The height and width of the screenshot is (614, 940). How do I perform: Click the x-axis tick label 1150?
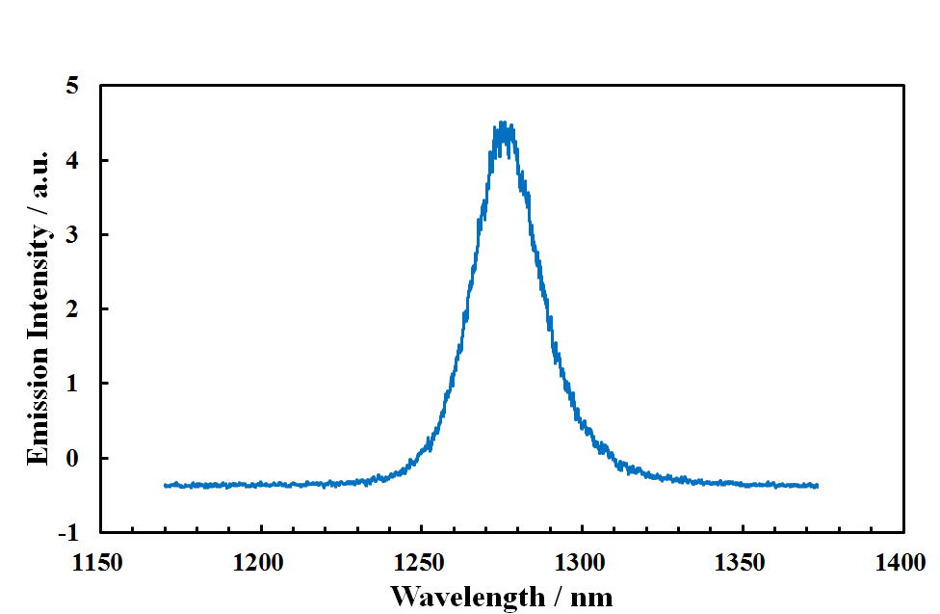click(100, 562)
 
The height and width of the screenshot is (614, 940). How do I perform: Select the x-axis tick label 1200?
click(260, 562)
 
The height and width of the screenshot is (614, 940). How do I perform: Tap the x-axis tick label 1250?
click(421, 562)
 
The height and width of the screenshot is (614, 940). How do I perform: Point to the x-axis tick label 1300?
click(581, 562)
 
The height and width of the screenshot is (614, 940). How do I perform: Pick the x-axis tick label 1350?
click(742, 562)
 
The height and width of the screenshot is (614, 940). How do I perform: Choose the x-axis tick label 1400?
click(901, 562)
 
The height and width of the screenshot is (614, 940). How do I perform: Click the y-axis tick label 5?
click(74, 87)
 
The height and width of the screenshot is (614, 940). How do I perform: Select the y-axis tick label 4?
click(74, 161)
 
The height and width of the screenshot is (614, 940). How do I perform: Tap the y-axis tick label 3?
click(74, 235)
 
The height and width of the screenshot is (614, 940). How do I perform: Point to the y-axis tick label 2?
click(74, 309)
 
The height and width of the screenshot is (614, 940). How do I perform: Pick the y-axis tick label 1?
click(74, 384)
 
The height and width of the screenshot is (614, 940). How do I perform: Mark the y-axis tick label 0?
click(74, 458)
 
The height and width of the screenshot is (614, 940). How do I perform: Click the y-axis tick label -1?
click(70, 532)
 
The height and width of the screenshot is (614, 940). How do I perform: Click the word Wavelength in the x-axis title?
click(466, 597)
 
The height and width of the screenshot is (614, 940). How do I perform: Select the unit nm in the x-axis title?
click(591, 597)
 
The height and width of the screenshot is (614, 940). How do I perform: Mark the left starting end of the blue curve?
click(166, 485)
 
